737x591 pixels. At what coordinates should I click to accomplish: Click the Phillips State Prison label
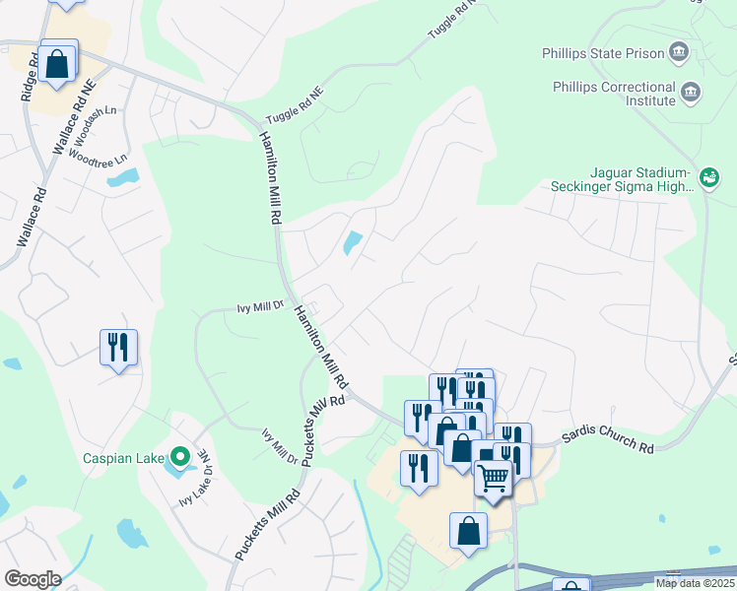click(x=604, y=51)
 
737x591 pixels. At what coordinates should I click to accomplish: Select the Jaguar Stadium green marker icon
click(x=708, y=177)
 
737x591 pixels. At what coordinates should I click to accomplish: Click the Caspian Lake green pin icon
click(x=178, y=456)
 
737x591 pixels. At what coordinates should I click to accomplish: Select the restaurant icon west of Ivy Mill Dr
click(x=118, y=347)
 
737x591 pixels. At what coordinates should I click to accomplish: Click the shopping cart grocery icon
click(x=494, y=477)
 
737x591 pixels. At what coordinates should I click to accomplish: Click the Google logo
click(x=32, y=579)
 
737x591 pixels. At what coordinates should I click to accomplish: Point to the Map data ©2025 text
click(x=695, y=583)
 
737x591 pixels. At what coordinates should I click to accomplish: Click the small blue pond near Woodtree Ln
click(x=123, y=178)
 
